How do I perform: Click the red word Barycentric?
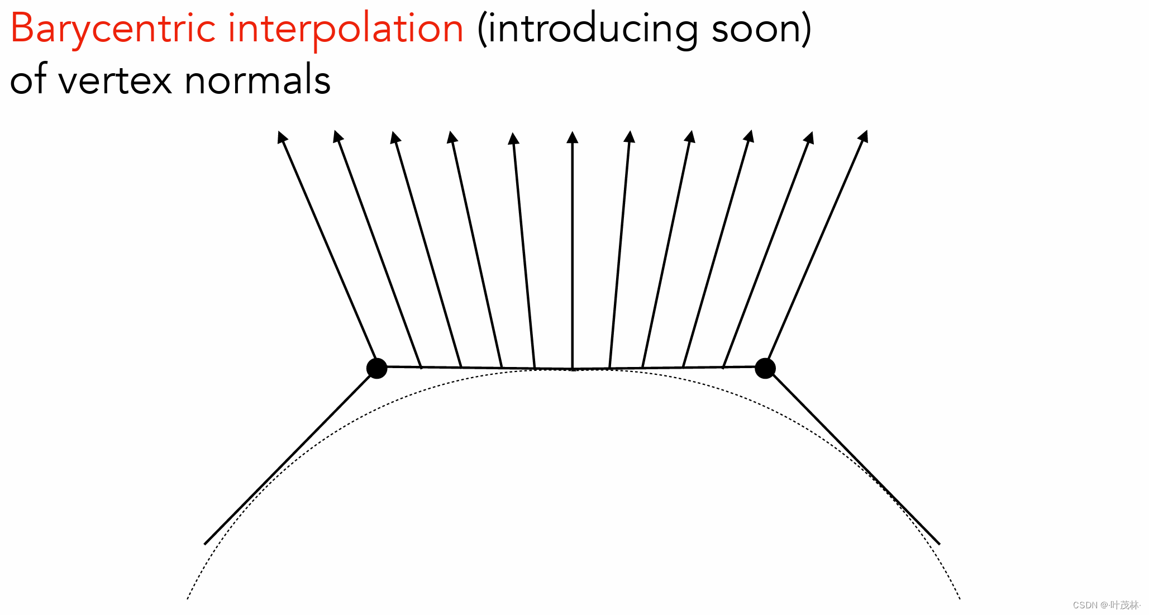tap(112, 29)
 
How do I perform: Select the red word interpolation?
tap(346, 29)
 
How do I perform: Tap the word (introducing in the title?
tap(587, 29)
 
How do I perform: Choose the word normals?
tap(258, 80)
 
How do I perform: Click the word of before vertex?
tap(28, 79)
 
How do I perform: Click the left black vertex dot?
tap(376, 368)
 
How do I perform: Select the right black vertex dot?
tap(765, 368)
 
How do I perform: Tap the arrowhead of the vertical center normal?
tap(572, 137)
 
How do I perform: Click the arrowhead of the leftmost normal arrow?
tap(283, 136)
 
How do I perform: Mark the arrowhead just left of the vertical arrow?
tap(513, 138)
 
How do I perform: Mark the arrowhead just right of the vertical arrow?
tap(630, 136)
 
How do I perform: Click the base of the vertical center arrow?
tap(573, 369)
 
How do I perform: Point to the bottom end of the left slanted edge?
tap(206, 543)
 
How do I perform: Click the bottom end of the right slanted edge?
tap(938, 543)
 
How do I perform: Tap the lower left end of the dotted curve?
tap(188, 598)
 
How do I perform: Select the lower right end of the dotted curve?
tap(959, 598)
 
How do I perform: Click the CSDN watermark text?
tap(1106, 605)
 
